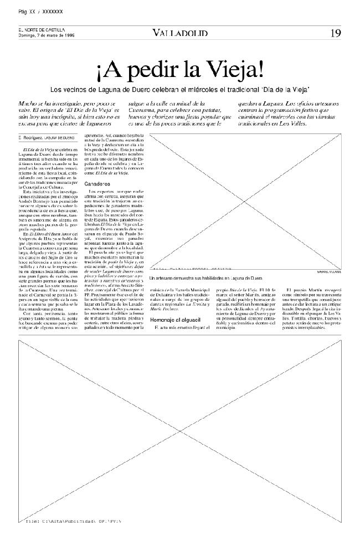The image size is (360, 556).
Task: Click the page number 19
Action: coord(336,33)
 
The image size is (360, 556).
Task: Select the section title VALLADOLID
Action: coord(180,33)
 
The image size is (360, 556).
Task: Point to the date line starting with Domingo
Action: coord(47,35)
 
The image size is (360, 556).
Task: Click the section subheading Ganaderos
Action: coord(97,183)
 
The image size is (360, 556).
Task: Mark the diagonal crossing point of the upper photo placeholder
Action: coord(246,201)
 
